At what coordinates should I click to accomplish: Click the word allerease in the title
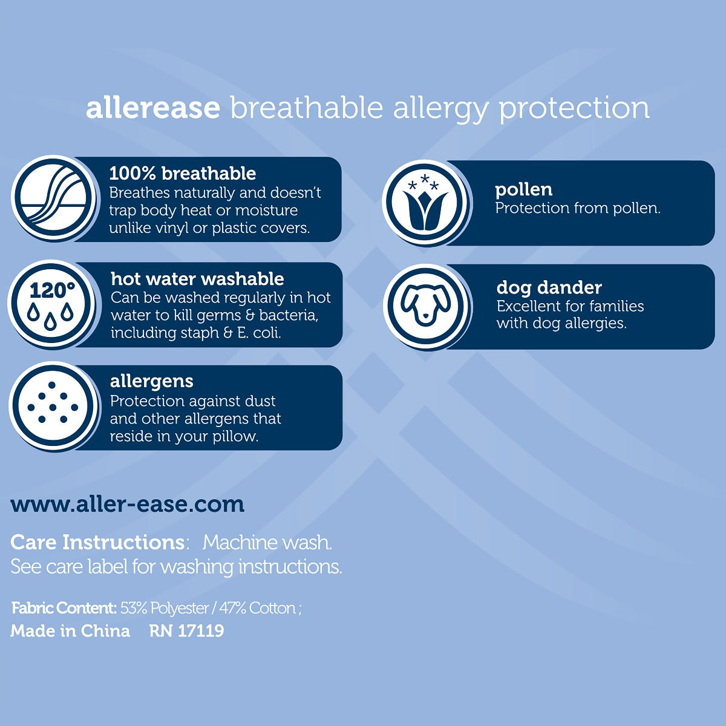pyautogui.click(x=153, y=108)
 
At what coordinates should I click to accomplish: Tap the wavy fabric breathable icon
pyautogui.click(x=53, y=198)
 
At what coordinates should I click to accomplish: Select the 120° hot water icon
pyautogui.click(x=51, y=304)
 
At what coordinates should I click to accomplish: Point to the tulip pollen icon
pyautogui.click(x=425, y=203)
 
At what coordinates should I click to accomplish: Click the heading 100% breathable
pyautogui.click(x=183, y=174)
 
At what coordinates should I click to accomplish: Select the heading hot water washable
pyautogui.click(x=197, y=279)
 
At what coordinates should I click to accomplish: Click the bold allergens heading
pyautogui.click(x=152, y=382)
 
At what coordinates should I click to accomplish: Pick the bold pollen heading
pyautogui.click(x=524, y=190)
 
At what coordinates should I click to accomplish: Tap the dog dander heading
pyautogui.click(x=549, y=288)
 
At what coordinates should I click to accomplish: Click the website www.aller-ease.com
pyautogui.click(x=127, y=504)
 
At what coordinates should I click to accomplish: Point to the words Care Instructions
pyautogui.click(x=97, y=543)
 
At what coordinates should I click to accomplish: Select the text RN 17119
pyautogui.click(x=187, y=630)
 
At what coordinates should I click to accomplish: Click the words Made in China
pyautogui.click(x=70, y=630)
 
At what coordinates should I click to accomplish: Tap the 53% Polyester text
pyautogui.click(x=165, y=608)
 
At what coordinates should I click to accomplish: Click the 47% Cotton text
pyautogui.click(x=258, y=608)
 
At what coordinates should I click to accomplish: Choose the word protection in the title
pyautogui.click(x=574, y=109)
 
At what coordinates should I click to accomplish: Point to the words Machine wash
pyautogui.click(x=267, y=543)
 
